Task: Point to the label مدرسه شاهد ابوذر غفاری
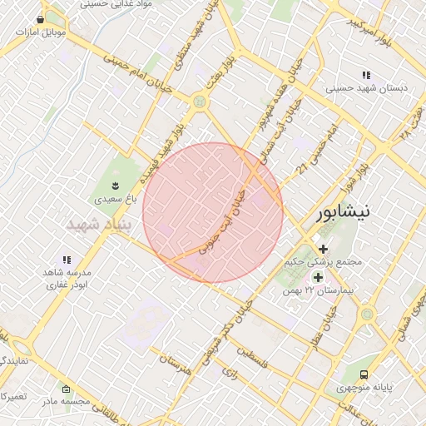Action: click(66, 278)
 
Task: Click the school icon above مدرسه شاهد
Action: click(67, 260)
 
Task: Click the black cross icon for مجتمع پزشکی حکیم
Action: click(323, 249)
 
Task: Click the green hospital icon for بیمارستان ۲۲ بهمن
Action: click(317, 276)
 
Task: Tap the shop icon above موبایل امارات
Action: click(41, 19)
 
